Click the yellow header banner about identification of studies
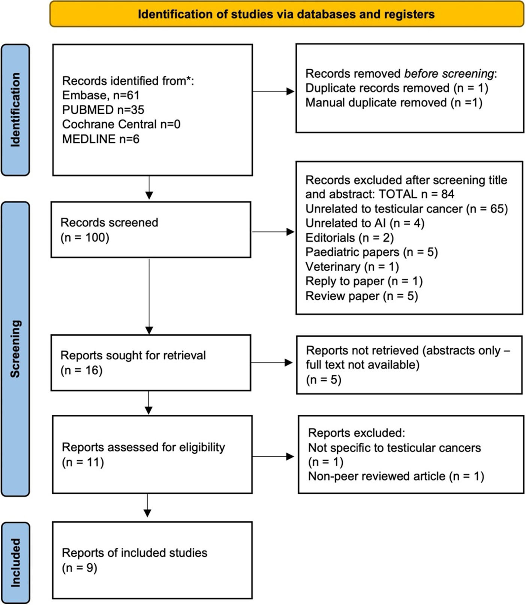(286, 14)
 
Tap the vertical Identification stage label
(15, 109)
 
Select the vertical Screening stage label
(15, 348)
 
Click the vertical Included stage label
(15, 562)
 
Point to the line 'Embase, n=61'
(100, 95)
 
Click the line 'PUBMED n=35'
(103, 110)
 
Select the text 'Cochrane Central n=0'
(121, 124)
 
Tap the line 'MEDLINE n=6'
(100, 139)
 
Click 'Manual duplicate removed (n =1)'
(394, 103)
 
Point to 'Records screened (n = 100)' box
(151, 230)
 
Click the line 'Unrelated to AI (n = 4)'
(364, 223)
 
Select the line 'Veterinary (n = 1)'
(352, 267)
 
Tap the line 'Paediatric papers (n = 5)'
(371, 252)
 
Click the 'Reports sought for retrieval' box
(151, 363)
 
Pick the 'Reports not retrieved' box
(409, 365)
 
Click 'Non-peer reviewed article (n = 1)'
(396, 476)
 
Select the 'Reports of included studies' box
(152, 560)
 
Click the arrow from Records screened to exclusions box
(273, 232)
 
